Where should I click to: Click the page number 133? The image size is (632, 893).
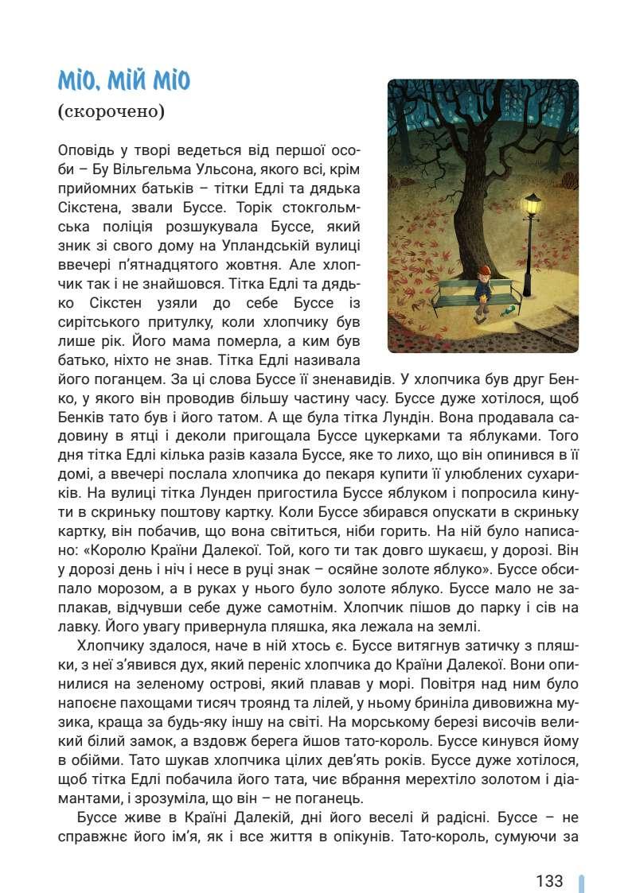[549, 881]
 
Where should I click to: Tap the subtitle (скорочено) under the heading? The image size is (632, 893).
[111, 111]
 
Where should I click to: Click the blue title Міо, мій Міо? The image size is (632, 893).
[124, 81]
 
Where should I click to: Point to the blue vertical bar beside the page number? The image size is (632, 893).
[581, 883]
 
